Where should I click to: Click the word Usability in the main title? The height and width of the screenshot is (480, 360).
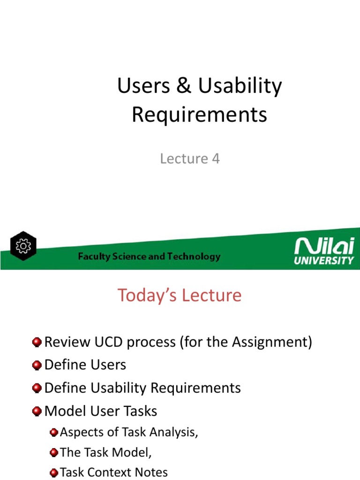(x=240, y=86)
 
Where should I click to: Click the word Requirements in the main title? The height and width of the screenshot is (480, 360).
(x=199, y=114)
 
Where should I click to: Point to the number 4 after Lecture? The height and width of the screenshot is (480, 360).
(x=215, y=159)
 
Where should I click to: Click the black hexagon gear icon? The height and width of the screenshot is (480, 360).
(x=22, y=246)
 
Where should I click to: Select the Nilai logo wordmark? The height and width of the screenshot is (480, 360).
(x=323, y=247)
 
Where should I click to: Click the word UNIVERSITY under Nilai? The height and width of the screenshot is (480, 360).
(x=324, y=260)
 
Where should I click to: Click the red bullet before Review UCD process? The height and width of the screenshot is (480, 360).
(x=37, y=343)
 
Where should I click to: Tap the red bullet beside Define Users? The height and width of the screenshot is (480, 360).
(x=37, y=365)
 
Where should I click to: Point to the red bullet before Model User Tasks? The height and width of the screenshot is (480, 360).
(x=37, y=411)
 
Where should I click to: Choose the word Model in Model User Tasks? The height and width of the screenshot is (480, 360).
(x=63, y=411)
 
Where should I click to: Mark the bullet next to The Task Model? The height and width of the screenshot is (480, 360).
(x=54, y=452)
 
